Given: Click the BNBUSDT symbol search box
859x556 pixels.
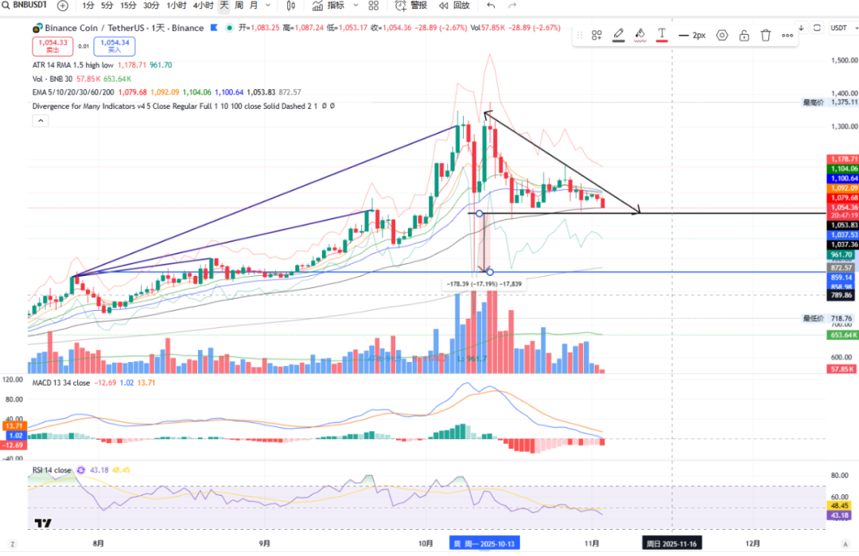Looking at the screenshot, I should (x=24, y=6).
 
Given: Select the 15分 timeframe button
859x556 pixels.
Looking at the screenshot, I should (x=128, y=6).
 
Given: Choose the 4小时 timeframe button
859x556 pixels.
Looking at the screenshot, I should (x=203, y=6).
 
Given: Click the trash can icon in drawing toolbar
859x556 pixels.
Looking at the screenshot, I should (x=765, y=35).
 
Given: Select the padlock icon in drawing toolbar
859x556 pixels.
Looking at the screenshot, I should (x=744, y=35).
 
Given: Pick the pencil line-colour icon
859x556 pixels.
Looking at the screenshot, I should (x=618, y=35).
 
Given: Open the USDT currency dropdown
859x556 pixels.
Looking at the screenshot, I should (x=839, y=28).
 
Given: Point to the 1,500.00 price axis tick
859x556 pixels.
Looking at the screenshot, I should (x=842, y=60).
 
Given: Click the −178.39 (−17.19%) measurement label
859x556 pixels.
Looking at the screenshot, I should (x=483, y=283).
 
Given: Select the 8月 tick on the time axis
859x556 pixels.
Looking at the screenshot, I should (x=98, y=543).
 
